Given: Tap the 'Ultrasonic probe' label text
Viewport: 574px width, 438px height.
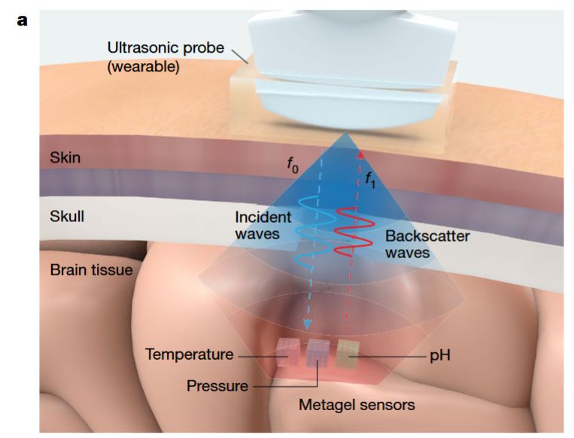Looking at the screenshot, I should coord(166,48).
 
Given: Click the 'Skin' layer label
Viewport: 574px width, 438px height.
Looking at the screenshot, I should coord(65,158).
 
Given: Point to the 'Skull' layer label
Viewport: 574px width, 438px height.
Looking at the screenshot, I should coord(66,217).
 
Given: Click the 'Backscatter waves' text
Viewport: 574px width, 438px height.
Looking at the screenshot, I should coord(427,244).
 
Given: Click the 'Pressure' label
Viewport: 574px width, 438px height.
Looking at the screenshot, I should coord(217,386).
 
